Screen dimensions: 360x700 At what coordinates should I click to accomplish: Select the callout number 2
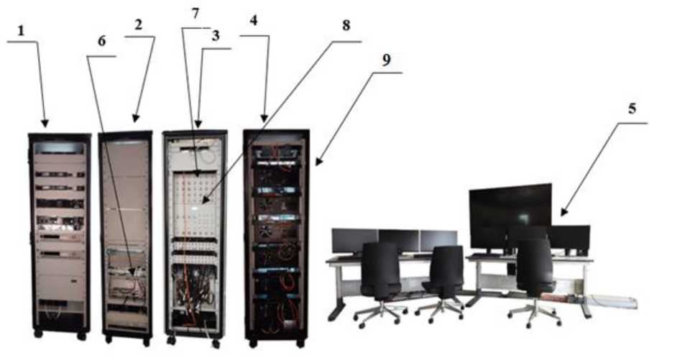(138, 24)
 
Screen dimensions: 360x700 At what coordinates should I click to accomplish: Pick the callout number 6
(101, 41)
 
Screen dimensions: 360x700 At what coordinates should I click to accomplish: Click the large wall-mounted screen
(510, 207)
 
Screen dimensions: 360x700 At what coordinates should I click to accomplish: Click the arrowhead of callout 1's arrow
(46, 125)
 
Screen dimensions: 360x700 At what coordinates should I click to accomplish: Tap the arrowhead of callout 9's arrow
(316, 165)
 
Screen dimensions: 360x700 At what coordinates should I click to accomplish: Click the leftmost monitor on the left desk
(354, 240)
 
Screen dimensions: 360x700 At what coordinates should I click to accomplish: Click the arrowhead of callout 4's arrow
(264, 120)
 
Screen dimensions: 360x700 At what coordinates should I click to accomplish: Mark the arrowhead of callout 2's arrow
(135, 120)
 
